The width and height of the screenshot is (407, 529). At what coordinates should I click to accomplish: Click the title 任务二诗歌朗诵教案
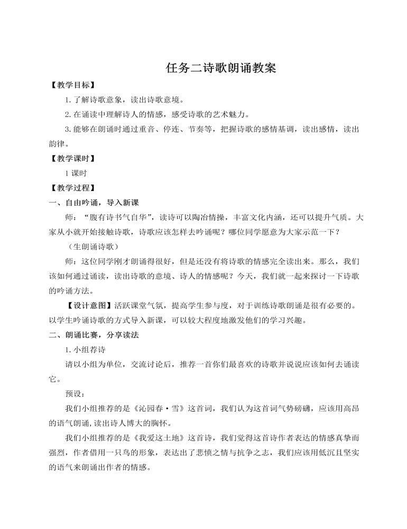(x=221, y=68)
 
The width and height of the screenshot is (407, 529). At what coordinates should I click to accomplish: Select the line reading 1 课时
(x=76, y=173)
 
